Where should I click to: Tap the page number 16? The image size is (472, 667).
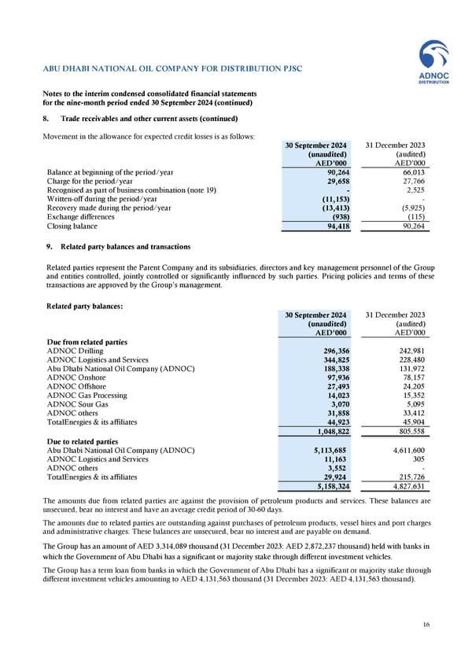426,625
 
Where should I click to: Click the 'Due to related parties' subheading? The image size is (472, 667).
83,442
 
